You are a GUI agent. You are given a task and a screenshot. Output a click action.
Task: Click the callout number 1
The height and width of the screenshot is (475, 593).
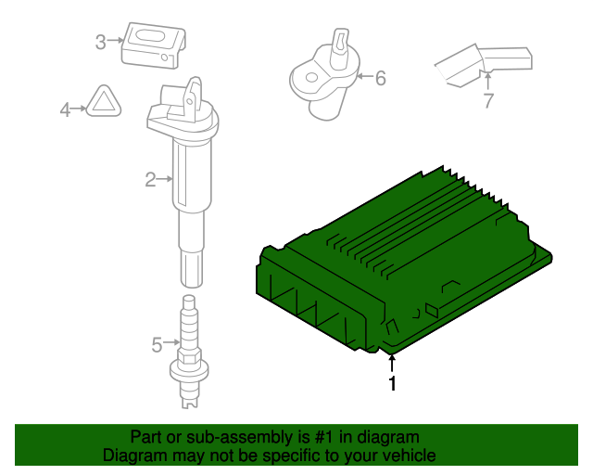coord(393,383)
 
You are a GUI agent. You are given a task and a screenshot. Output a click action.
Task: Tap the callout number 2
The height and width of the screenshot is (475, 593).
coord(150,180)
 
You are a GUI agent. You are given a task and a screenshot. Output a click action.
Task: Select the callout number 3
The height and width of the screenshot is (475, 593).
coord(100,42)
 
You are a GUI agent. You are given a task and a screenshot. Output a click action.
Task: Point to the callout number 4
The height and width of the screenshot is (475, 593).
coord(65,109)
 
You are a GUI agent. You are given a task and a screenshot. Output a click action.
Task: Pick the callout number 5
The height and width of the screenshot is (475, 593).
coord(157,345)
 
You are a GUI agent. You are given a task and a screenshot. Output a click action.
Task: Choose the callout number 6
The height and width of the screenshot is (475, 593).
coord(381,78)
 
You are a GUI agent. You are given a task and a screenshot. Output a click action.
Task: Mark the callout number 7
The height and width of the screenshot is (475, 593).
coord(488,100)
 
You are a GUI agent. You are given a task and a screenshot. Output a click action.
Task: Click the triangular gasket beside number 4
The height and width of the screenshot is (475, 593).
coord(104,101)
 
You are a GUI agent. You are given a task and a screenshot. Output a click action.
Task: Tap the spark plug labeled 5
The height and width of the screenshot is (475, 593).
coord(189,352)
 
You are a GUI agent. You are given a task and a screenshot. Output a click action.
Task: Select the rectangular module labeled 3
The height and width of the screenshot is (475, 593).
coord(154,45)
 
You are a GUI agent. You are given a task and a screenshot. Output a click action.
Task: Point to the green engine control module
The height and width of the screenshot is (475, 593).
coord(404,261)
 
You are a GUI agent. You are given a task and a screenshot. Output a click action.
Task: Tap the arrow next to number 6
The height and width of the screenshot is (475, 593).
coord(364,76)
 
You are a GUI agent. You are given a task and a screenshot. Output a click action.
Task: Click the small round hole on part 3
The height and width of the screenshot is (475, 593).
coord(165,58)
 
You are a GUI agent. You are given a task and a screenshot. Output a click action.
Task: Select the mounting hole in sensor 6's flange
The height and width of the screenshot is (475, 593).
coord(311,78)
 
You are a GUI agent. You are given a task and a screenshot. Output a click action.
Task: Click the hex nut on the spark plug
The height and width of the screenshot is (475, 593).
coord(189,357)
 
